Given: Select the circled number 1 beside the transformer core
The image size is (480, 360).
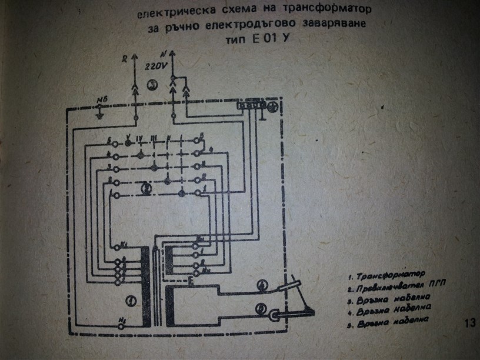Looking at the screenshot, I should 131,301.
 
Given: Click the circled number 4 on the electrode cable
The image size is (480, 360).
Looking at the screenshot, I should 263,286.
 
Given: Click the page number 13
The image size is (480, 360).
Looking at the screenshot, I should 469,323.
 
